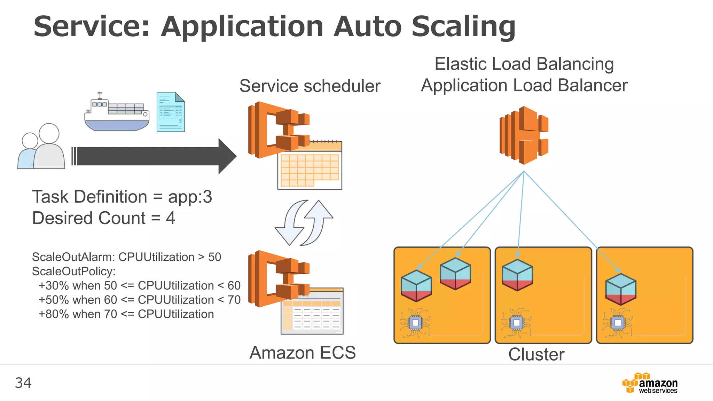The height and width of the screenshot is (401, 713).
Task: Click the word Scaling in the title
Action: (463, 27)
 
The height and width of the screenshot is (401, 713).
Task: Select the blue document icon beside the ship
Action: (170, 112)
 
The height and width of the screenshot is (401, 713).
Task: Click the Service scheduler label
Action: (310, 86)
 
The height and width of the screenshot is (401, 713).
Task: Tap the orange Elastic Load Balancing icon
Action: (524, 135)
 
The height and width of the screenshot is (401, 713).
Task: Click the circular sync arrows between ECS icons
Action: (304, 223)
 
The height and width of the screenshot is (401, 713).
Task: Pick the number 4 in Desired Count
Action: (170, 218)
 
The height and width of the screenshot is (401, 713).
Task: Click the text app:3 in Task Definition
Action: (190, 197)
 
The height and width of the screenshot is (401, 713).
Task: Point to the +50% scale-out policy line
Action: (139, 300)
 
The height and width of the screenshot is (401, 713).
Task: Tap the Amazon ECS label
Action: (303, 353)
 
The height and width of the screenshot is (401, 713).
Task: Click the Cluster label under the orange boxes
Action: (536, 354)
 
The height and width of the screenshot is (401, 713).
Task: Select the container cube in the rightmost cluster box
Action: (620, 289)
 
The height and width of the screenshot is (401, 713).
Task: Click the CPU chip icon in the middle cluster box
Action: (516, 323)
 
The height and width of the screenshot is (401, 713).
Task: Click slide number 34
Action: (23, 383)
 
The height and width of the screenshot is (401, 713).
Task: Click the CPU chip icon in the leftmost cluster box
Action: (415, 323)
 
